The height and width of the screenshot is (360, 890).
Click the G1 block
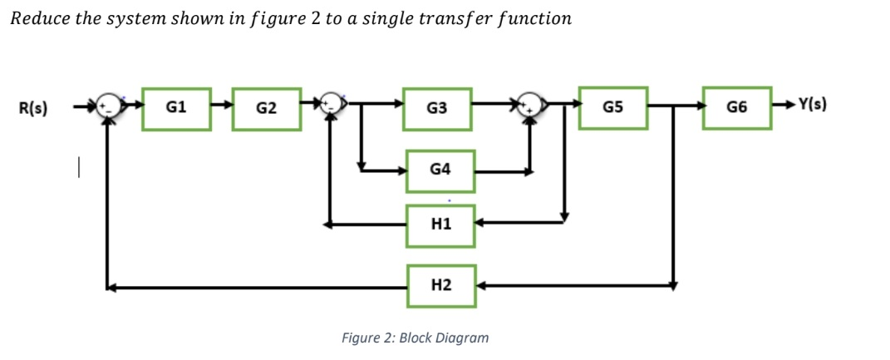175,107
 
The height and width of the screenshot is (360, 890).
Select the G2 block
266,108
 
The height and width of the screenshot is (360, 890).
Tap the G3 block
437,108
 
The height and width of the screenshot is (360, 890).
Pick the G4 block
440,170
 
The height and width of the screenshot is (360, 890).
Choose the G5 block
612,107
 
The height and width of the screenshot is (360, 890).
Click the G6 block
735,107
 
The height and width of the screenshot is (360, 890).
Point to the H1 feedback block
440,224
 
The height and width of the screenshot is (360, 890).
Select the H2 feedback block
441,286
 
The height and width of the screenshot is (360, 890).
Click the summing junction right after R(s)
106,107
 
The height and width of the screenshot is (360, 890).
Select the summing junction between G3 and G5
531,107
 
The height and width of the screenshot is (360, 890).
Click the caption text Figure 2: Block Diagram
415,338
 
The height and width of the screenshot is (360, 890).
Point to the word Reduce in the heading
37,18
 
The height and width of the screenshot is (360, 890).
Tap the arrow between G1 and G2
221,107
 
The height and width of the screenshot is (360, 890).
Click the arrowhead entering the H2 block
481,286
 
